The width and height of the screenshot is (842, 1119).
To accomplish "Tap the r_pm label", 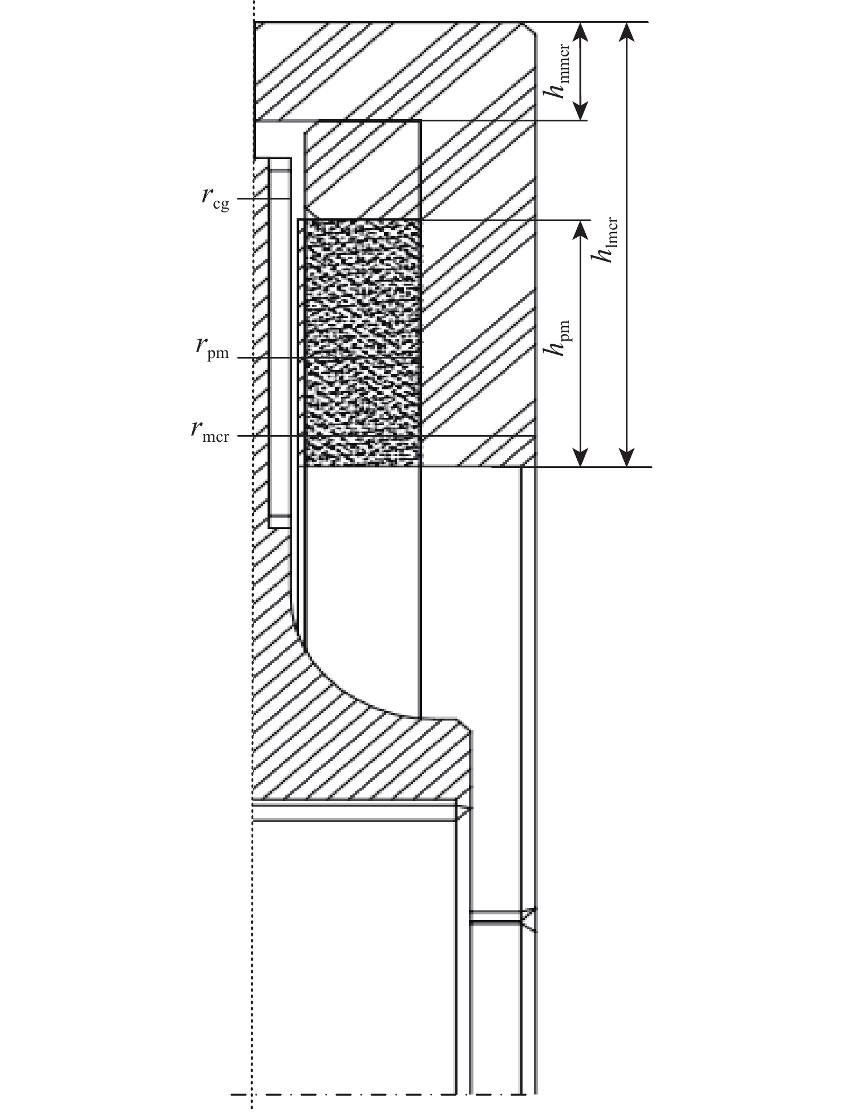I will tap(212, 348).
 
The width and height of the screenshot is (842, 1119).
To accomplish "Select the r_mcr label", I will tap(210, 431).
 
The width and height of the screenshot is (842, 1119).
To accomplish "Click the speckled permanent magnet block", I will tap(363, 342).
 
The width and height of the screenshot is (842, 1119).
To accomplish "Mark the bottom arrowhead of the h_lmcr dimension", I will tap(627, 459).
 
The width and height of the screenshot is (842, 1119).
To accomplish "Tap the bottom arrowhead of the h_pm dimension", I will tap(580, 459).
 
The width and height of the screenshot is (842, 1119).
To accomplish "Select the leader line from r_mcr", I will tap(268, 436).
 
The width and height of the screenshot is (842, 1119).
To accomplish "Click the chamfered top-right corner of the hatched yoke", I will tap(528, 28).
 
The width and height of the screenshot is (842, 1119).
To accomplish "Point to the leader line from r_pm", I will tap(268, 357).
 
